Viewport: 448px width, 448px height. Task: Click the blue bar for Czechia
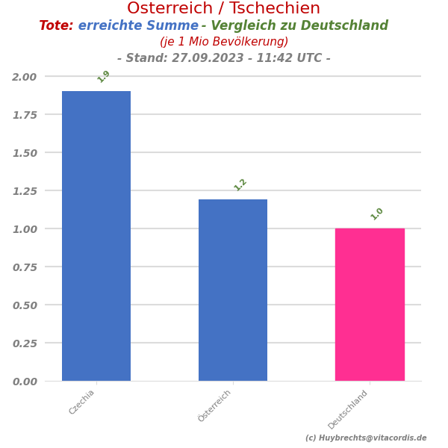[x=96, y=236]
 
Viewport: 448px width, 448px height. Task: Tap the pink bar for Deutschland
[x=370, y=305]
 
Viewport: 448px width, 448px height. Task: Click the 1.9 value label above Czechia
[x=104, y=76]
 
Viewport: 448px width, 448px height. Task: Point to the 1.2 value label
[x=240, y=184]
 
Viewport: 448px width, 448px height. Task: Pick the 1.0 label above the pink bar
[x=377, y=214]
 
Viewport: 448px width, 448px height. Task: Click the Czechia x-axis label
[x=82, y=402]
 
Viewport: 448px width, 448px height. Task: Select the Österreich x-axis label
[x=215, y=405]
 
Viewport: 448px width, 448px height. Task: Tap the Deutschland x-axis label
[x=349, y=409]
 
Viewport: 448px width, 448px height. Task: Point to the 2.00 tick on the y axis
[x=24, y=77]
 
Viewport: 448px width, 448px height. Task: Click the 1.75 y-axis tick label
[x=24, y=115]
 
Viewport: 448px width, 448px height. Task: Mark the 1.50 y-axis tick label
[x=24, y=153]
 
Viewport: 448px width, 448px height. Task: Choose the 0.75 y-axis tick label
[x=24, y=267]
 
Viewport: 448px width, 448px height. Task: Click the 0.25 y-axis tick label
[x=24, y=343]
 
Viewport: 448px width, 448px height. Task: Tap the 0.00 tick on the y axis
[x=24, y=382]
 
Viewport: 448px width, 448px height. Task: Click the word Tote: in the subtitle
[x=56, y=26]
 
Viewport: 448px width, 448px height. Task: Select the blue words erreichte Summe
[x=138, y=26]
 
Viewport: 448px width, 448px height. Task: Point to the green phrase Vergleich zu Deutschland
[x=299, y=26]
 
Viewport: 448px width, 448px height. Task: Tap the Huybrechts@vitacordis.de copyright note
[x=366, y=438]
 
